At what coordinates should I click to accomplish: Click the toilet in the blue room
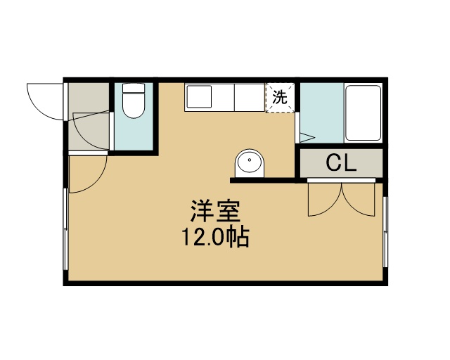point(133,101)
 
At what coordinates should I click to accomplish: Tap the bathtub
point(363,113)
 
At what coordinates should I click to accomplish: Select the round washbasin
point(250,163)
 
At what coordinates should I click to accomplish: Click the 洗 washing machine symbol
point(280,98)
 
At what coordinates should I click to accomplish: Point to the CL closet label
point(341,163)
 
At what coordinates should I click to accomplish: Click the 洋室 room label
point(215,211)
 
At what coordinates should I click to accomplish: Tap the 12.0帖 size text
point(215,237)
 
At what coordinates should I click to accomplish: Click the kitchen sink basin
point(199,96)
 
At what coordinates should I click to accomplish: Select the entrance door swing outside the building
point(45,102)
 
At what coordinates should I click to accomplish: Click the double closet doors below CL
point(341,199)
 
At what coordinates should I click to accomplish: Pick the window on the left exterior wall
point(66,229)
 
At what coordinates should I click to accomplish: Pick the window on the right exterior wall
point(385,232)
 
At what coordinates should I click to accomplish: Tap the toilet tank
point(133,88)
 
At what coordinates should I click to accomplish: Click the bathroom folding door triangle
point(307,138)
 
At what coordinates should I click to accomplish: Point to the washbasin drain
point(250,160)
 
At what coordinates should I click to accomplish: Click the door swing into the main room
point(88,174)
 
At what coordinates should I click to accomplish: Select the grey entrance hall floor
point(89,116)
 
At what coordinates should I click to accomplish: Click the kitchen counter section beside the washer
point(250,97)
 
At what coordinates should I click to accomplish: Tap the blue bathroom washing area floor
point(322,112)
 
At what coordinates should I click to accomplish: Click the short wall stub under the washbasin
point(262,180)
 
